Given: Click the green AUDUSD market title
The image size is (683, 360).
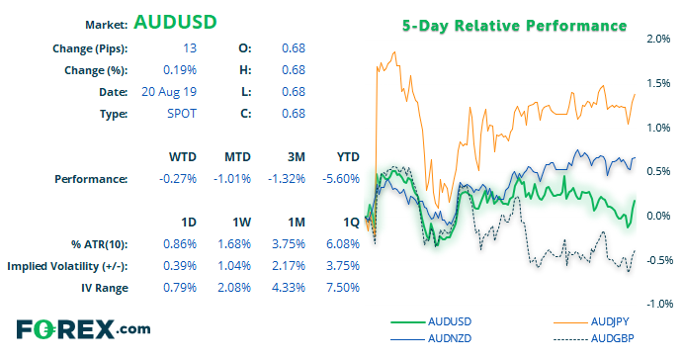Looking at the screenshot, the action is [175, 22].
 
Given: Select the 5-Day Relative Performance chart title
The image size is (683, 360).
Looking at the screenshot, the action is [514, 26].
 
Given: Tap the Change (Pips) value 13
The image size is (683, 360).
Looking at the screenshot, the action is [190, 47].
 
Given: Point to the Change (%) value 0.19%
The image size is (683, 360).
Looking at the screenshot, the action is [180, 70].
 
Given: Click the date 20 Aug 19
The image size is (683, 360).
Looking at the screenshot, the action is [169, 92].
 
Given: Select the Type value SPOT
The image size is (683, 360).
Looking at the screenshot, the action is [182, 114].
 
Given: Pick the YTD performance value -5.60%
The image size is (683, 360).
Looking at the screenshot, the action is [341, 179].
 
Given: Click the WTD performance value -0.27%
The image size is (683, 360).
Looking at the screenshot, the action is [178, 179].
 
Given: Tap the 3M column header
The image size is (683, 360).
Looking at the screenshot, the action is [297, 157].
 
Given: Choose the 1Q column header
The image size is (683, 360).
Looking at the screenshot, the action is [351, 223].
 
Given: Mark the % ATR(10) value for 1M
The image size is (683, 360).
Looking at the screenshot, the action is [289, 244].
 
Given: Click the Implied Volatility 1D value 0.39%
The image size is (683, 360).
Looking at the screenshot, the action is [180, 266].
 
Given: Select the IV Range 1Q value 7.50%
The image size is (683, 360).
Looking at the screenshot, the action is [343, 288].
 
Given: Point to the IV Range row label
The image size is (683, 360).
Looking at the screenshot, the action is [105, 288].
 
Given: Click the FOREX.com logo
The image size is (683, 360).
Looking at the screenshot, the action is [84, 329].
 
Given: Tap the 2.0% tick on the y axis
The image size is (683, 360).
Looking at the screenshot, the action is [658, 39].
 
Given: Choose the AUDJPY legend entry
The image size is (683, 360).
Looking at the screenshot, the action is [591, 321].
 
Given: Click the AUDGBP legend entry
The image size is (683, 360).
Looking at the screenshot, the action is [594, 338].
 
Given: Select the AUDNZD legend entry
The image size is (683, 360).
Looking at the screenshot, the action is [431, 338].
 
